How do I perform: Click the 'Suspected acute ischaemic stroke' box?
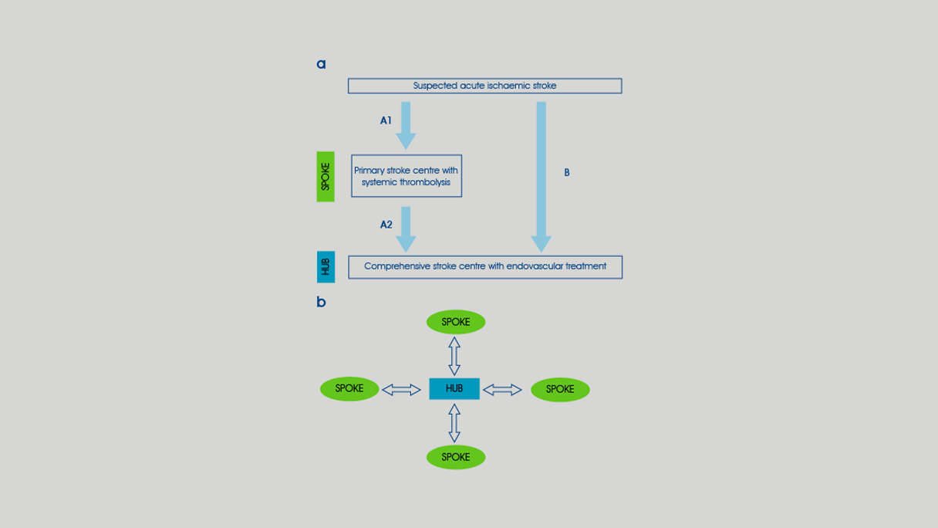tap(484, 86)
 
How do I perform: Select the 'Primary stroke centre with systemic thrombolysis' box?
tap(407, 176)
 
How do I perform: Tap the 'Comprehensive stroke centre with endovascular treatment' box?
tap(485, 267)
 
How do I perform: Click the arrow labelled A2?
tap(406, 228)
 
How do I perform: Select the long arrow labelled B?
tap(542, 177)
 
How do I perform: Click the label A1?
tap(386, 120)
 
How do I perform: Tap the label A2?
tap(386, 225)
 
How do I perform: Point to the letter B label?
tap(567, 173)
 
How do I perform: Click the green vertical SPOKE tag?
tap(326, 177)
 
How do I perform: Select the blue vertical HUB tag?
tap(326, 267)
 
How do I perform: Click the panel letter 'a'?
tap(321, 64)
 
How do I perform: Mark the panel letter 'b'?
tap(321, 302)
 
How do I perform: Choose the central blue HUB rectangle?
tap(454, 388)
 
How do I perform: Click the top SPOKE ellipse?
tap(456, 322)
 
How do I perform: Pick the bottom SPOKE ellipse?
tap(456, 457)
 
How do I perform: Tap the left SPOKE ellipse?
tap(349, 388)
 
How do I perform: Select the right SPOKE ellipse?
tap(560, 389)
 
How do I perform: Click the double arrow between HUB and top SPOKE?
tap(454, 356)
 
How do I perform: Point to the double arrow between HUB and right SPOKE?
tap(502, 390)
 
